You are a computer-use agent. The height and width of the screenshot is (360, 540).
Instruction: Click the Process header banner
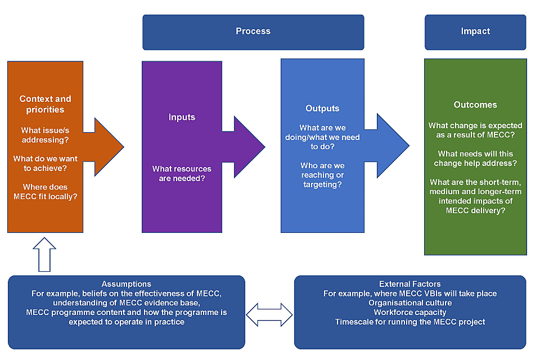coord(253,31)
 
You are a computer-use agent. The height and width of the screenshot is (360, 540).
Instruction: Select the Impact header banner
coord(475,31)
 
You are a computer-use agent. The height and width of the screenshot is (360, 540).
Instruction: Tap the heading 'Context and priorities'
coord(45,104)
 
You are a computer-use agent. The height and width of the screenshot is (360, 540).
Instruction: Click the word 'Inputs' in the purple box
coord(182,117)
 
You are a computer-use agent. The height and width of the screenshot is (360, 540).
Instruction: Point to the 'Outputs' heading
coord(322,108)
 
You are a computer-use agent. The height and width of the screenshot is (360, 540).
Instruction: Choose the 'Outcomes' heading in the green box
coord(475,105)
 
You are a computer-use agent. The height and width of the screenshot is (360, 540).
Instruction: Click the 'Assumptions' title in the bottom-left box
coord(127,284)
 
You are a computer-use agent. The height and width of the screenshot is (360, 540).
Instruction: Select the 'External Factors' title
coord(410,284)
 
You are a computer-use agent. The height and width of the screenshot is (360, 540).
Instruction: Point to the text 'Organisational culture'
coord(410,303)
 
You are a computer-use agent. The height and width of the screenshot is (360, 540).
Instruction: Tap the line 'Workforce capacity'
coord(410,312)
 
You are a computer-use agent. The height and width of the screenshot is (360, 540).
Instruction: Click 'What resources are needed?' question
coord(182,173)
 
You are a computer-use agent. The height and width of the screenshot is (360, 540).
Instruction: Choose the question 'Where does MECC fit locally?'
coord(45,191)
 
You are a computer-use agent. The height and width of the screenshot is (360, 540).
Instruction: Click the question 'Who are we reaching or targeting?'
coord(322,175)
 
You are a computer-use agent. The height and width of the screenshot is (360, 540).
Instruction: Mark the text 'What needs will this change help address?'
coord(475,159)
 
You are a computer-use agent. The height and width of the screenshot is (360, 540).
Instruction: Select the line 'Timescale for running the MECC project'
coord(410,322)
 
